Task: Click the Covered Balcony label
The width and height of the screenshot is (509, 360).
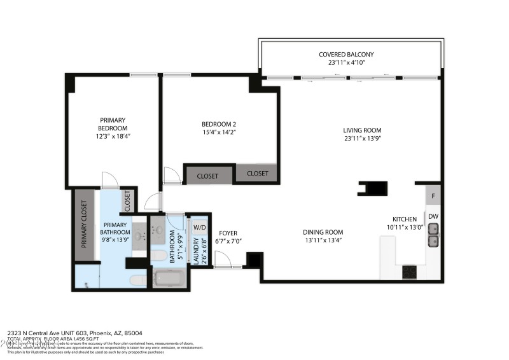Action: tap(346, 55)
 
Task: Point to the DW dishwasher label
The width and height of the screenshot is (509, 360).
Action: tap(433, 217)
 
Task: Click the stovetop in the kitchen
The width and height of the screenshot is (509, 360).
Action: tap(409, 272)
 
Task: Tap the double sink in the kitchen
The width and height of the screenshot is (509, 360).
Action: tap(433, 241)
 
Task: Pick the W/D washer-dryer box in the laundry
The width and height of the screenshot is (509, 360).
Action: tap(199, 227)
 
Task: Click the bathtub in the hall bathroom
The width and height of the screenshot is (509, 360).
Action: tap(169, 278)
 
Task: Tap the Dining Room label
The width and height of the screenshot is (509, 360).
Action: tap(323, 232)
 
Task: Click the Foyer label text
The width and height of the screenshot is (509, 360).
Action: tap(228, 233)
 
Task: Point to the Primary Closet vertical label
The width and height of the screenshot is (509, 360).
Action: tap(84, 224)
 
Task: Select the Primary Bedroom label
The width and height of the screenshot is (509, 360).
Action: tap(113, 124)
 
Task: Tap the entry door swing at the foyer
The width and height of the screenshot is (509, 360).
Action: tap(223, 260)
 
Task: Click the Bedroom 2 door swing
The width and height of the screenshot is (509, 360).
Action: tap(171, 176)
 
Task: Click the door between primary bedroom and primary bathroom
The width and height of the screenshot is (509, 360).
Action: tap(110, 181)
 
